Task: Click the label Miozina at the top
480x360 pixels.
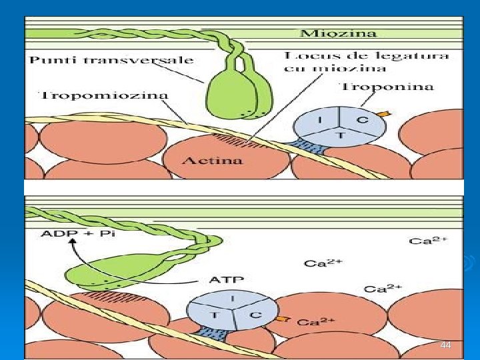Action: [339, 33]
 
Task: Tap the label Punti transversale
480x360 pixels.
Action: [111, 60]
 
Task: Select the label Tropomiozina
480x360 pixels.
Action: [105, 95]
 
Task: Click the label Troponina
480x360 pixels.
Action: [387, 87]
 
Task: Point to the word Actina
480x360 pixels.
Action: [212, 161]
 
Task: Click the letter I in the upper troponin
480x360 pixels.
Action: [321, 120]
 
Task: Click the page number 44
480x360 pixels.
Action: [446, 345]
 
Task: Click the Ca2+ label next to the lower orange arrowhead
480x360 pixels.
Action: [316, 323]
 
